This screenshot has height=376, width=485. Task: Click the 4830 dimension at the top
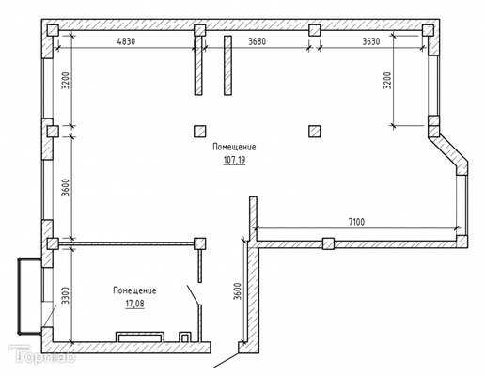click(x=126, y=41)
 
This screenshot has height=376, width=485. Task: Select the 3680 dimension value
click(x=258, y=41)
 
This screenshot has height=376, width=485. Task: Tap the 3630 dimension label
click(x=371, y=41)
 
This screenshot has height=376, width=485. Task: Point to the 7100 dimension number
click(x=357, y=222)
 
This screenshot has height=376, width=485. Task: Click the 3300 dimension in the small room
click(x=65, y=295)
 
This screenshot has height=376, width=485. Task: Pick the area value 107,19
click(x=234, y=160)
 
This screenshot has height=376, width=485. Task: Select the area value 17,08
click(x=135, y=304)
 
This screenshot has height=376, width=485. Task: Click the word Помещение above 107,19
click(x=234, y=147)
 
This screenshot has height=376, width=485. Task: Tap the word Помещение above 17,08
click(x=134, y=290)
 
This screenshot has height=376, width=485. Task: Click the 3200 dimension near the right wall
click(x=388, y=81)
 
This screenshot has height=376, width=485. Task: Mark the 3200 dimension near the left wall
click(x=65, y=81)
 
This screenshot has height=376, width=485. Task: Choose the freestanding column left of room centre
click(x=200, y=132)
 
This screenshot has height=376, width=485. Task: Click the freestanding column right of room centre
click(x=315, y=132)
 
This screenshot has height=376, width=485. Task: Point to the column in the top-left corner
click(x=53, y=31)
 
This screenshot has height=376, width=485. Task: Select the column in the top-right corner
click(x=428, y=31)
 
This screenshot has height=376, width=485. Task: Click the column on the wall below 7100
click(x=328, y=243)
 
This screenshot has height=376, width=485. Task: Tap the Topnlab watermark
click(x=42, y=354)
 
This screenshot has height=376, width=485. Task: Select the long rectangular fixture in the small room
click(x=140, y=337)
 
